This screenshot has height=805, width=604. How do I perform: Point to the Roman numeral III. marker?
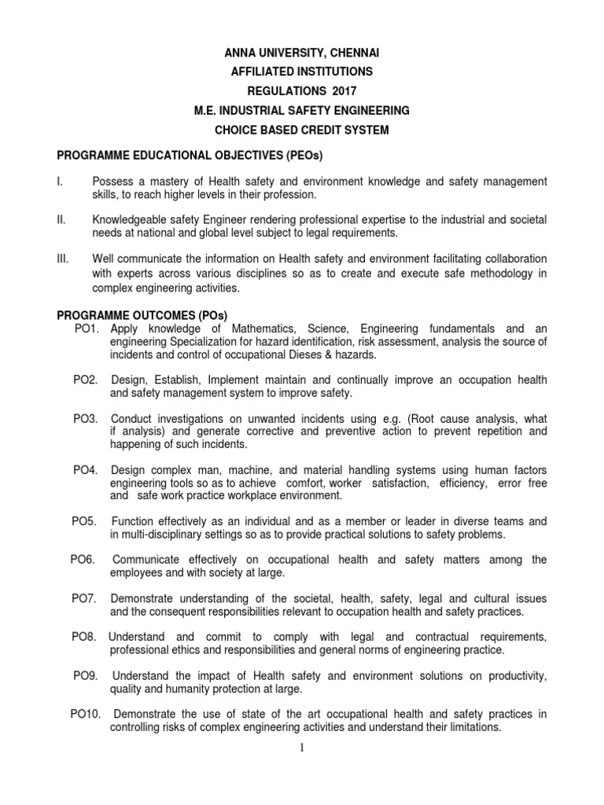pos(64,259)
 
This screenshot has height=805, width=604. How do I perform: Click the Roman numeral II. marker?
pos(63,219)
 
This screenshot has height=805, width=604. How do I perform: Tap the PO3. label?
pos(86,418)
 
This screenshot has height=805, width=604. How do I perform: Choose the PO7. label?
pos(84,598)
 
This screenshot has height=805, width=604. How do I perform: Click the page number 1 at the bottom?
pos(301,747)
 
